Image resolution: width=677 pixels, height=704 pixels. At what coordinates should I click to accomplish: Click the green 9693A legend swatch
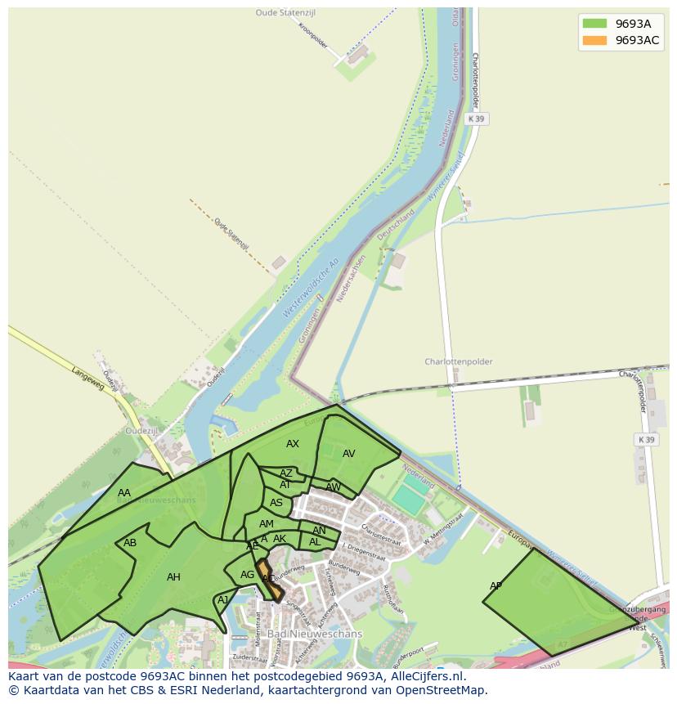(x=594, y=24)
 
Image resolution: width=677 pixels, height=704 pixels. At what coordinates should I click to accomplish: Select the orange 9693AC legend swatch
(x=594, y=41)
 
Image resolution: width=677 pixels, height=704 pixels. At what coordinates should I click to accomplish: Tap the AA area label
(x=124, y=493)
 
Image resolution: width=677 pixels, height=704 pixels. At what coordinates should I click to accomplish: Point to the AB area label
(x=130, y=543)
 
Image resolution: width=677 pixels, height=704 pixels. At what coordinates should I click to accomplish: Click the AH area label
(x=173, y=577)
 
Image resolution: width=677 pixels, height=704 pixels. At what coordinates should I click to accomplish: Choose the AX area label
(x=293, y=444)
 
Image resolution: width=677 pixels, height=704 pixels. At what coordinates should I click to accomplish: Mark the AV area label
(x=349, y=454)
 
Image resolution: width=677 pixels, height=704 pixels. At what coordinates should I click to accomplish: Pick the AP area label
(x=496, y=586)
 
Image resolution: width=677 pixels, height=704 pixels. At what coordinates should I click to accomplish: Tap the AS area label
(x=276, y=504)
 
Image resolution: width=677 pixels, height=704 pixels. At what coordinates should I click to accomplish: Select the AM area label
(x=267, y=524)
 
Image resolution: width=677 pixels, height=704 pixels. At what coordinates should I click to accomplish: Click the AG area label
(x=248, y=576)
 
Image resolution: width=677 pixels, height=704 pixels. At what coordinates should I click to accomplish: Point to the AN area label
(x=319, y=531)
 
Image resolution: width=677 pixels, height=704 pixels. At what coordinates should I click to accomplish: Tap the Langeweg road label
(x=88, y=379)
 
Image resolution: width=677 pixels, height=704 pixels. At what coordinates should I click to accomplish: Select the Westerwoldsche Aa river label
(x=310, y=289)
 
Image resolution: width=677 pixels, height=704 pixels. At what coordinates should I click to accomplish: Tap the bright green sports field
(x=408, y=500)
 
